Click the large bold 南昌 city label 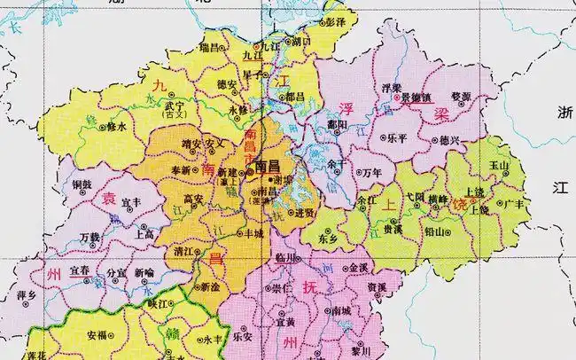(266, 166)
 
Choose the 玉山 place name (501, 166)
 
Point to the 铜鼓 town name (82, 184)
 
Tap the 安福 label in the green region (99, 336)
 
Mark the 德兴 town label (449, 140)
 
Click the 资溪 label (377, 288)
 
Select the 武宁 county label (175, 106)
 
